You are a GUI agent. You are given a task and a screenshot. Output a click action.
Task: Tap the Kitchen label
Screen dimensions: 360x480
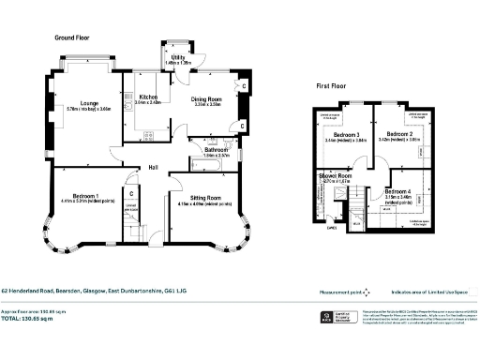[147, 97]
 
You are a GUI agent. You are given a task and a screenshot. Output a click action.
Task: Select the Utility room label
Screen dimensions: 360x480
[177, 58]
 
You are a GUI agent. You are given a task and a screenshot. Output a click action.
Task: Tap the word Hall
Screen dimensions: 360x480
[152, 169]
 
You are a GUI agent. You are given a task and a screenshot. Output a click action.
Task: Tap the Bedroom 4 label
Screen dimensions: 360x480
[397, 192]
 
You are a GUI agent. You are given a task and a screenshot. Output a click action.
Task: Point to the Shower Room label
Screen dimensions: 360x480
[335, 175]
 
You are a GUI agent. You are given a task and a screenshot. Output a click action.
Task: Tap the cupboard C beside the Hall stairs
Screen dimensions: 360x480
[132, 195]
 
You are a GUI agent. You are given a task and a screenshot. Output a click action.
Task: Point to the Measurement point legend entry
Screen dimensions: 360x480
[318, 292]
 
